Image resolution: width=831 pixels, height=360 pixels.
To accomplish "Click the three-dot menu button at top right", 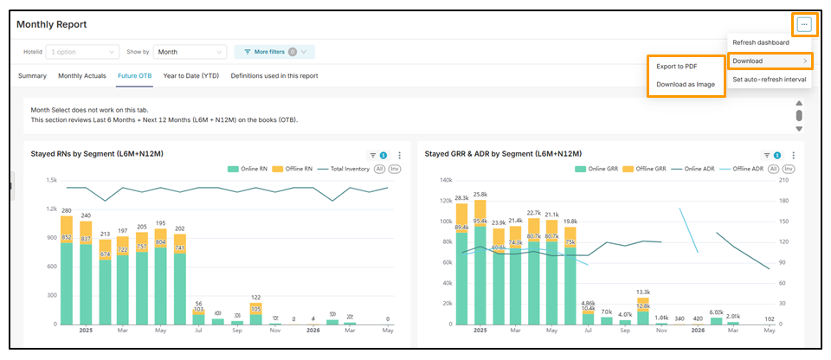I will point(804,24).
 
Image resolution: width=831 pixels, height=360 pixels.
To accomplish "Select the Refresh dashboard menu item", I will point(761,42).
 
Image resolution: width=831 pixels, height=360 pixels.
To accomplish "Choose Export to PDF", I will point(677,66).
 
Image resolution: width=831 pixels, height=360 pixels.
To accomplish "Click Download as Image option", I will point(685,84).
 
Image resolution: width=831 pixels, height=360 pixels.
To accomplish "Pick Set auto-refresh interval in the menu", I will point(769,80).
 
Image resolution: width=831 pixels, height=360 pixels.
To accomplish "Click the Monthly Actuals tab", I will point(82,76).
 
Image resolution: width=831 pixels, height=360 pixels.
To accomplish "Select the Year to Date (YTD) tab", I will point(190,76).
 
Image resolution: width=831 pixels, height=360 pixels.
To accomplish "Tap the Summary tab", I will point(32,76).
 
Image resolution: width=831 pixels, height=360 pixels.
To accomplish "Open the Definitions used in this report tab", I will point(274,76).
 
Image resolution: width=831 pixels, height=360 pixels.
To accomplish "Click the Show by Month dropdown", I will point(190,52).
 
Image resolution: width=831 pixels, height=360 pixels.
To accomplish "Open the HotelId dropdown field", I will point(83,52).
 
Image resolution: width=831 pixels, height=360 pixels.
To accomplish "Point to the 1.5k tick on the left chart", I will point(51,180).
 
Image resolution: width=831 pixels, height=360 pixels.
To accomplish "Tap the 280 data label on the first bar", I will point(66,210).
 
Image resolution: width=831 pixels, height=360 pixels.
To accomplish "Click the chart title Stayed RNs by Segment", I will point(97,154).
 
